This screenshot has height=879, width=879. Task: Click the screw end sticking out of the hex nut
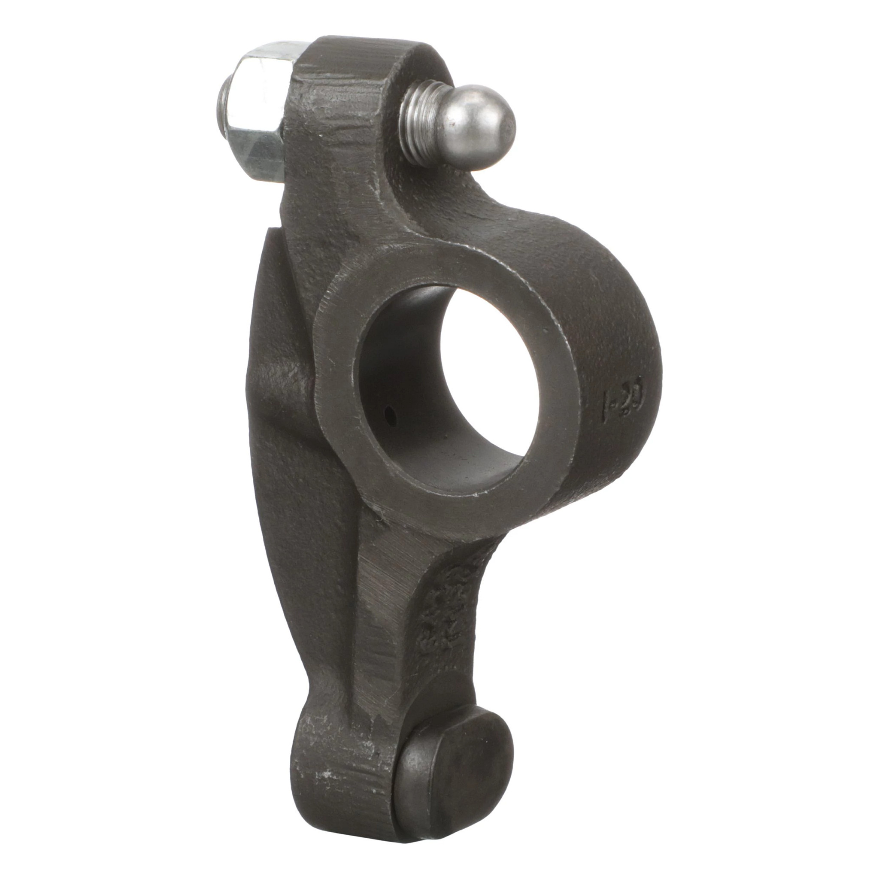pyautogui.click(x=224, y=109)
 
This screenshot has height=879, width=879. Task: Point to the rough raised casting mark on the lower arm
pyautogui.click(x=441, y=614)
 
